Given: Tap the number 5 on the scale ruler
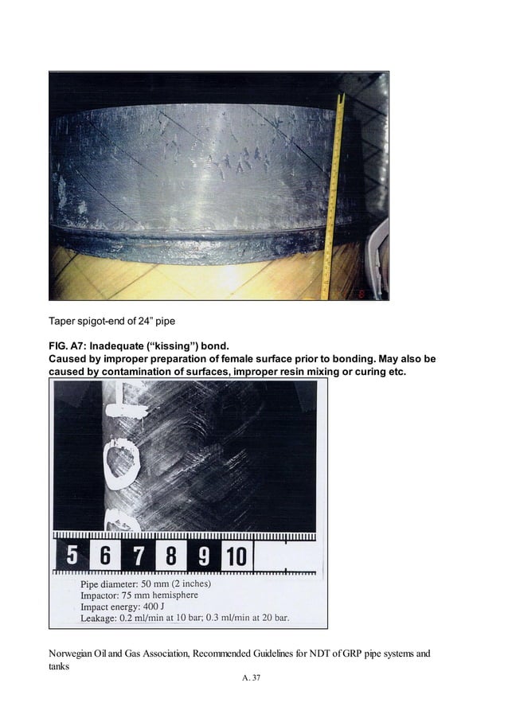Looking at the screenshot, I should pos(71,554).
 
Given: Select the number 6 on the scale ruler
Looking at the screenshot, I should pos(104,554).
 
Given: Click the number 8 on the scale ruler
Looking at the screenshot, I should pos(170,554).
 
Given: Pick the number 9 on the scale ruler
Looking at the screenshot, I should pos(204,554).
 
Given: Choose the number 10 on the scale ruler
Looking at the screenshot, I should pos(236,554).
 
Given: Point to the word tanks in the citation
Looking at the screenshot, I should pos(60,667).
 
